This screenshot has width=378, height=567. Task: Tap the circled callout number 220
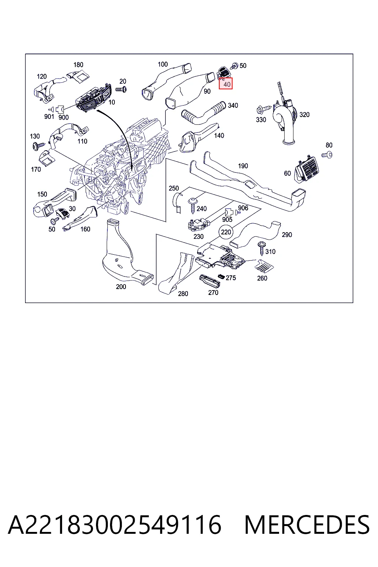point(226,232)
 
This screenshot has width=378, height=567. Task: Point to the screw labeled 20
point(121,89)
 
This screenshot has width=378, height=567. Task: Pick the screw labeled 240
point(192,205)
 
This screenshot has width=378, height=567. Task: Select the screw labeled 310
point(262,248)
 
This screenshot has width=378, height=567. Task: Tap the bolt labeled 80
point(327,154)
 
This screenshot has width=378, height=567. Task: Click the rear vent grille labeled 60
point(306,169)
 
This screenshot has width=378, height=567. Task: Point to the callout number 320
point(304,115)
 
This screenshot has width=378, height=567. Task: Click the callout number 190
point(243,166)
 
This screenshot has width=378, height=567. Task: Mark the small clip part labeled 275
point(221,276)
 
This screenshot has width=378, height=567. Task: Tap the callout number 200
point(121,286)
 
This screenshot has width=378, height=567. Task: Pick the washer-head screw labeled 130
point(38,146)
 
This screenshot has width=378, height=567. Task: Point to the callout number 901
point(49,117)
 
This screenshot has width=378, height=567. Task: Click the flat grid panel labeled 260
point(264,265)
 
